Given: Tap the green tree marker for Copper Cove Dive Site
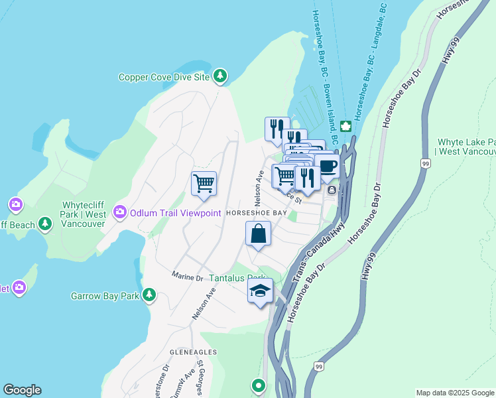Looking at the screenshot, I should (220, 77).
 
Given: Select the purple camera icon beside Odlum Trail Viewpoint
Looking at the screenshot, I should (120, 212).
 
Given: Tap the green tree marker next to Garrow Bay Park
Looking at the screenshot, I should (150, 295).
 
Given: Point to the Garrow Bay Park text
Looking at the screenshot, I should (105, 295).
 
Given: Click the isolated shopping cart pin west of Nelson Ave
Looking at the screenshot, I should (204, 183).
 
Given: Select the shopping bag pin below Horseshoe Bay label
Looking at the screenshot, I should (258, 234).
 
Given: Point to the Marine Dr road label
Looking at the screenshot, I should (186, 275).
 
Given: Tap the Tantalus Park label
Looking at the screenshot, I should (237, 278).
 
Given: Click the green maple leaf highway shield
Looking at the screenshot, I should (345, 126).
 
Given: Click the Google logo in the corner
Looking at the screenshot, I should (22, 390).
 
